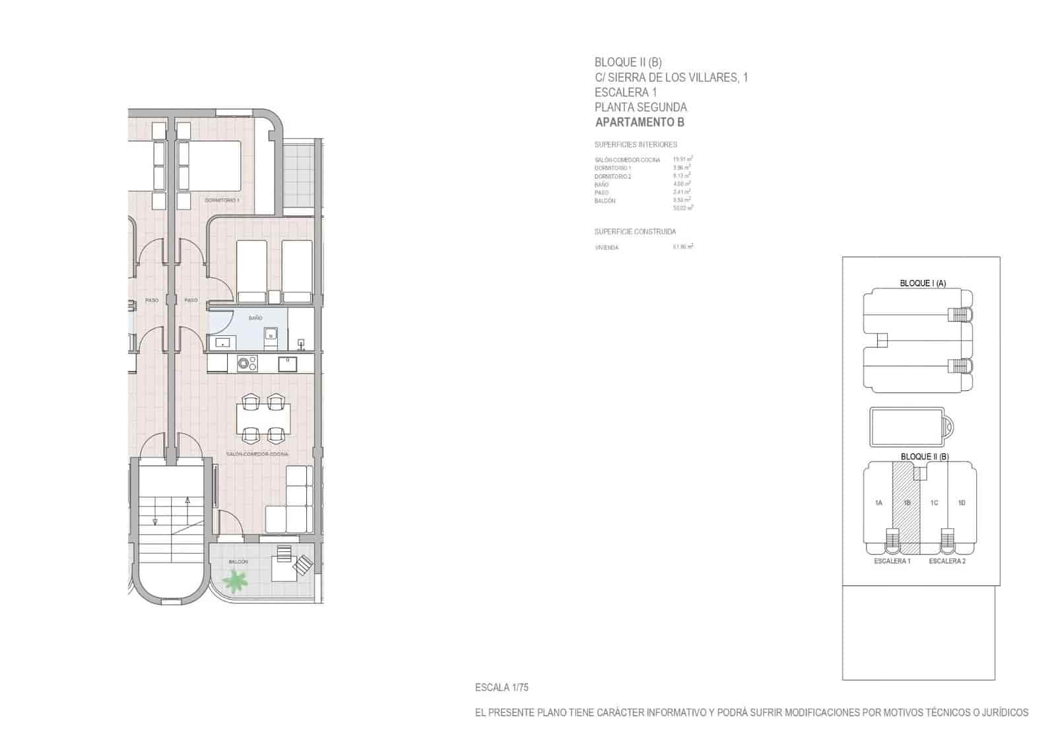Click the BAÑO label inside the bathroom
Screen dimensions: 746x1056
click(255, 318)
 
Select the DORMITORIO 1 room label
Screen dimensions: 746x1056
click(222, 200)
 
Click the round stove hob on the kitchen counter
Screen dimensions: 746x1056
click(247, 364)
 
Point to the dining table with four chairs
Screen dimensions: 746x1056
click(263, 418)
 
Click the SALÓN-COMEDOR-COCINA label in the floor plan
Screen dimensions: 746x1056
click(257, 454)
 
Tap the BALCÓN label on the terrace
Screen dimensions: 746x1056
click(238, 562)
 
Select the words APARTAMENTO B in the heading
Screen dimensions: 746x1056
click(640, 122)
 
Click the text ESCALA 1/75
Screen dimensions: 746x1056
click(502, 687)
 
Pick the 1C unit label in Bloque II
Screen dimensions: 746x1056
click(934, 503)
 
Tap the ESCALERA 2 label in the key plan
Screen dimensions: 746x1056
click(946, 561)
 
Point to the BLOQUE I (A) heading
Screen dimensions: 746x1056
click(923, 283)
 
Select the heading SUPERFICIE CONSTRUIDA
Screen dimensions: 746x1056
click(635, 232)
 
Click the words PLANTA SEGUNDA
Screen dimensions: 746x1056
click(640, 107)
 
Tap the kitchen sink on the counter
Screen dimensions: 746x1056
click(287, 364)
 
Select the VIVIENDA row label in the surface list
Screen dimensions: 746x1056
click(607, 248)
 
